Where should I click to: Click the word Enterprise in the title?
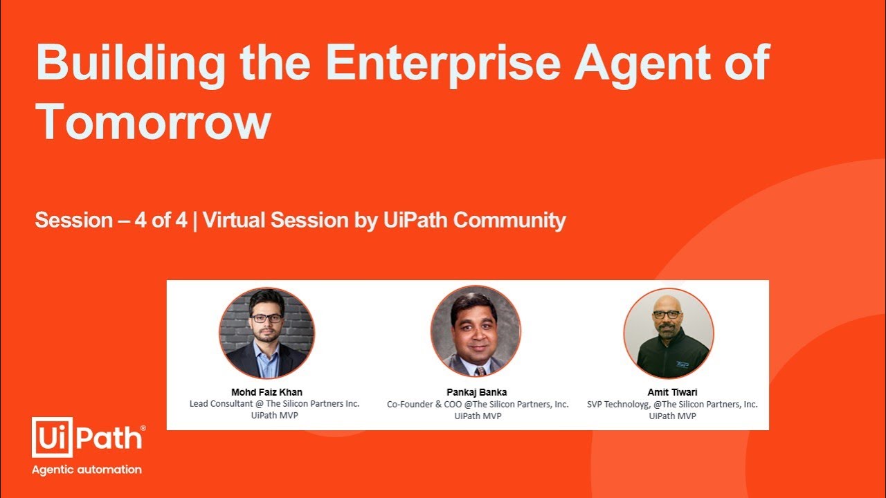(442, 63)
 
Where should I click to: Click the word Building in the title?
(129, 63)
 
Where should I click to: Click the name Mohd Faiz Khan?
(266, 392)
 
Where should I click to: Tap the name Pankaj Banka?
(477, 392)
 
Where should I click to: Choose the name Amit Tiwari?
(672, 392)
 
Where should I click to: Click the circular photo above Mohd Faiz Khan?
(266, 333)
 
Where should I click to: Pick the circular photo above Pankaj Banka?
(476, 331)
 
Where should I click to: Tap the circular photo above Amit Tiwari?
(669, 333)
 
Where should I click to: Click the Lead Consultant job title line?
(275, 404)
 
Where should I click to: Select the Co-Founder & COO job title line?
(478, 404)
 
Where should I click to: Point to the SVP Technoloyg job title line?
(672, 404)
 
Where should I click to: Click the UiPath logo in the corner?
(89, 437)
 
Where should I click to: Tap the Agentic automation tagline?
(87, 470)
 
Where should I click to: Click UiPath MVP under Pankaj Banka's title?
(478, 416)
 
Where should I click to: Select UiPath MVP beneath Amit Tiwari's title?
(672, 416)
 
